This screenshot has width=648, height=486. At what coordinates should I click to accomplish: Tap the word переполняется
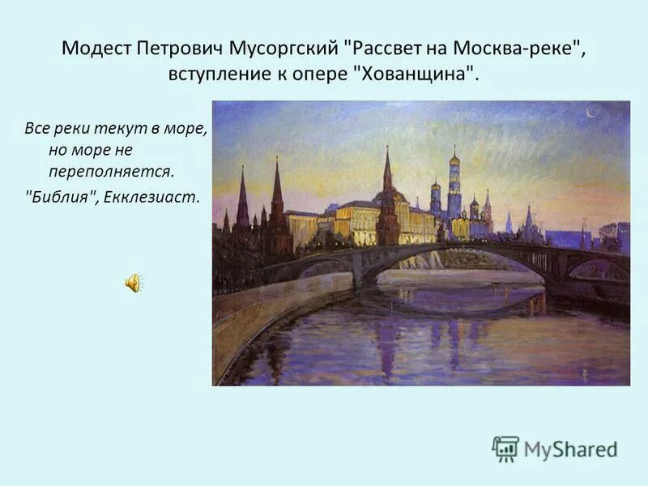[x=111, y=172]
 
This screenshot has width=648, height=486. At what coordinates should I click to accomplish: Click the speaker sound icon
[x=134, y=283]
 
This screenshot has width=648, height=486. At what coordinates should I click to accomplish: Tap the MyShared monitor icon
[x=505, y=448]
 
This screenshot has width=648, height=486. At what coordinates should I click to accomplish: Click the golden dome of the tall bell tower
[x=454, y=157]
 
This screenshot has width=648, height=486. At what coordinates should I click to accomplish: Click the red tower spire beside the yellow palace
[x=387, y=174]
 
